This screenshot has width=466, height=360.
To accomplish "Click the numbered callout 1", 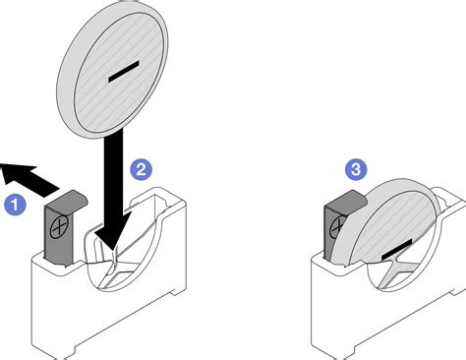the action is pos(15,205).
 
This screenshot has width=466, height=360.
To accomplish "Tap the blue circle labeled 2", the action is pos(141,170).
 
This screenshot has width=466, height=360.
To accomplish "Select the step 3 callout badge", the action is pos(356,169).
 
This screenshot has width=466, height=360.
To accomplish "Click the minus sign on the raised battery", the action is pos(124,71).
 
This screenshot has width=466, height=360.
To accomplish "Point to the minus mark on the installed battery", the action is pos(396,250).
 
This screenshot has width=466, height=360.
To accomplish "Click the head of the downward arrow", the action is pos(112,229).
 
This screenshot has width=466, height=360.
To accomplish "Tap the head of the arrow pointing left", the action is pos(18,173).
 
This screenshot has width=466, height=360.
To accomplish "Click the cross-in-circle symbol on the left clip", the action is pos(59,227).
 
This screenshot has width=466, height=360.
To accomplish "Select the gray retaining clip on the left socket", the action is pos(64,227).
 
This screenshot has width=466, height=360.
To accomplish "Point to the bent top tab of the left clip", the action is pos(67,198).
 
